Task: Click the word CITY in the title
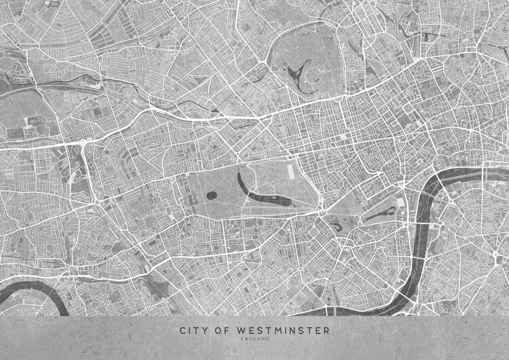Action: click(x=193, y=331)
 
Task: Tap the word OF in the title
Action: click(x=222, y=331)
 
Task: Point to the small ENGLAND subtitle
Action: click(x=254, y=339)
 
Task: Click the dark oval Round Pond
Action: click(x=212, y=196)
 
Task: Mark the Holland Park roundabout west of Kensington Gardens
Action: click(x=102, y=201)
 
